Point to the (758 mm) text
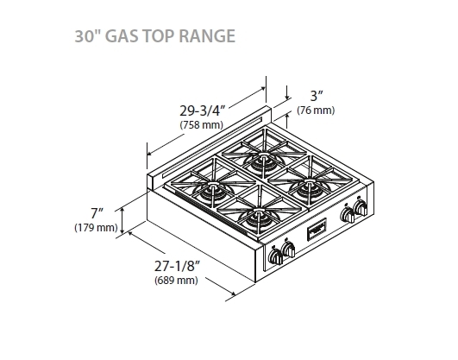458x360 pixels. tap(200, 126)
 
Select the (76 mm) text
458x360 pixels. tap(316, 111)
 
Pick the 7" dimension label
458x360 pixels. tap(96, 213)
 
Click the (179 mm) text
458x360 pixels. tap(96, 228)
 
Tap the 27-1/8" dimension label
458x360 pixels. tap(178, 266)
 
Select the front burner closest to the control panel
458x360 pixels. tap(258, 221)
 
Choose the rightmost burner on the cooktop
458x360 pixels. tap(305, 187)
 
